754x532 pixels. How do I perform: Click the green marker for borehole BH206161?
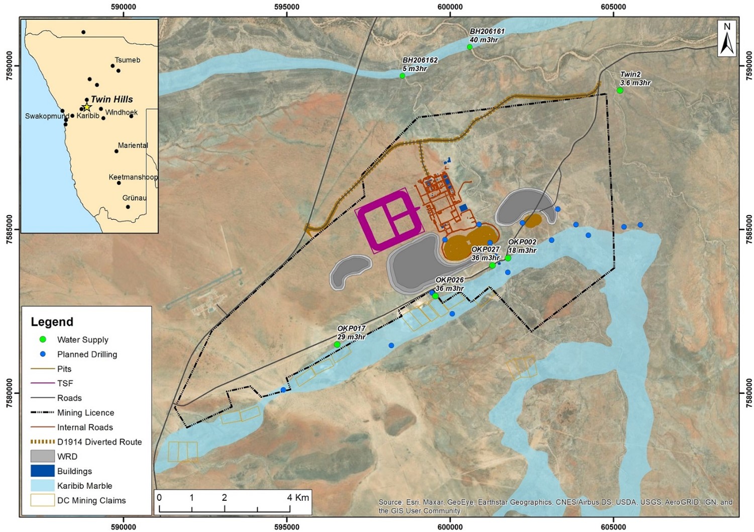470,47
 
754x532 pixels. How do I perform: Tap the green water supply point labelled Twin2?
620,91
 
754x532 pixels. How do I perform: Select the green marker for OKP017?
337,344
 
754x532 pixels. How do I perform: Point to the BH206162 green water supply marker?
402,76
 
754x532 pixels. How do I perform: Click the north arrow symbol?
727,39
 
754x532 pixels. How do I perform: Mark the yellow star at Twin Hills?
87,107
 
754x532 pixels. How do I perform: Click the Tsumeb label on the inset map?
128,60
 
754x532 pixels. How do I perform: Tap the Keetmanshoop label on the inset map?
133,177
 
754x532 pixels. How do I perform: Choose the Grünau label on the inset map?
135,198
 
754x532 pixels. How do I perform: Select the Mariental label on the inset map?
133,145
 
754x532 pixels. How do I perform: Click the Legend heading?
52,322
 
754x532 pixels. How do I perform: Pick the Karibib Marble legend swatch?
43,486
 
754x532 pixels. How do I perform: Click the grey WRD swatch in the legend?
43,457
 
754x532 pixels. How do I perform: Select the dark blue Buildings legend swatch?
43,471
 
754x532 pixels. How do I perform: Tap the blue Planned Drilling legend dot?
43,354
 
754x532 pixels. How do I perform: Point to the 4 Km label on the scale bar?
297,497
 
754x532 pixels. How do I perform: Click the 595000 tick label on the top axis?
287,7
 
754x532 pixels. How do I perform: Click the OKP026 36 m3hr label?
450,284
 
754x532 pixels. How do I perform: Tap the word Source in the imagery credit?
391,502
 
